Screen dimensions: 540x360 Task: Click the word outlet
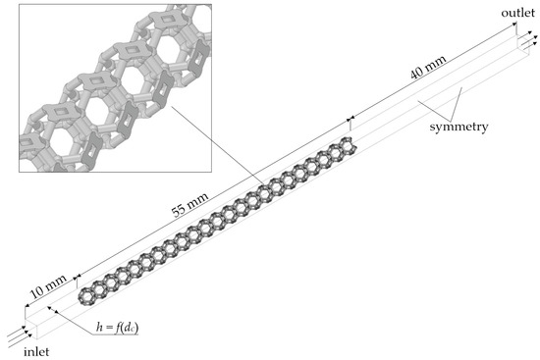pyautogui.click(x=518, y=13)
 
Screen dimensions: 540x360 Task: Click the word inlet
pyautogui.click(x=36, y=352)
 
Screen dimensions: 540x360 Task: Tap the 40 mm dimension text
pyautogui.click(x=428, y=67)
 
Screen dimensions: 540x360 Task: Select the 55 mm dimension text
pyautogui.click(x=190, y=204)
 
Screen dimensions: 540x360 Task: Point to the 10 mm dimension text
pyautogui.click(x=48, y=286)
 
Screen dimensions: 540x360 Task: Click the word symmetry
pyautogui.click(x=459, y=127)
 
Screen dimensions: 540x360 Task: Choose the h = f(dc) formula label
pyautogui.click(x=117, y=328)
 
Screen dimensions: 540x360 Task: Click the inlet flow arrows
pyautogui.click(x=20, y=335)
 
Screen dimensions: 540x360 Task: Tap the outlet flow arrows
pyautogui.click(x=526, y=39)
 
